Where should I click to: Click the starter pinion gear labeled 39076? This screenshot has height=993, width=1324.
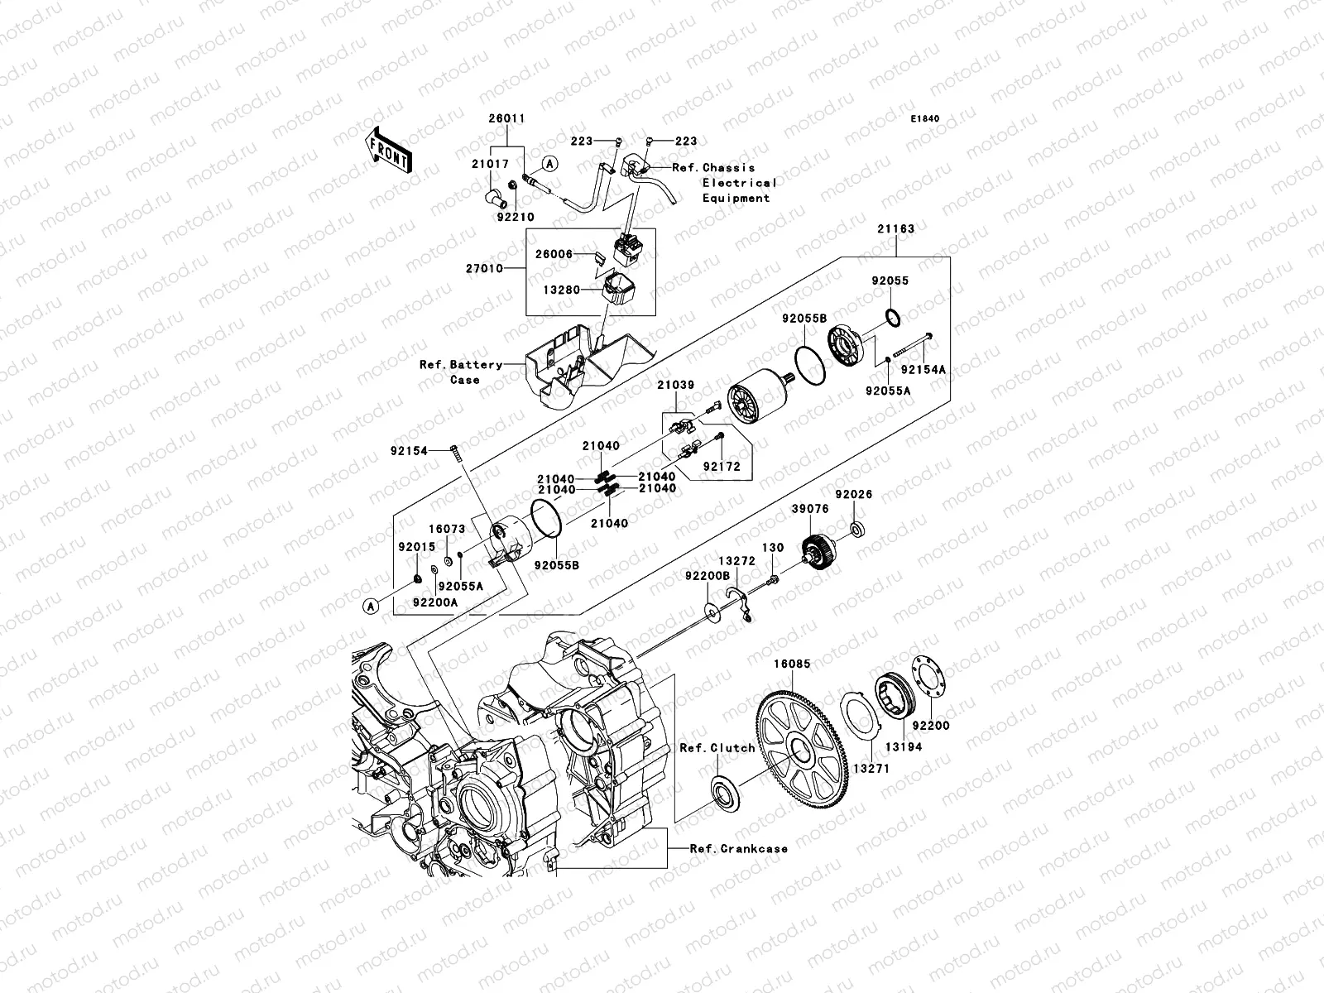(x=821, y=552)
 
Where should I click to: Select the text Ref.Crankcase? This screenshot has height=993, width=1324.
(x=740, y=848)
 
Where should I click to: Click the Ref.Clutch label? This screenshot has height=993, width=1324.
(x=717, y=747)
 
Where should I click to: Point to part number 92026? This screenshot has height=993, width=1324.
(x=853, y=494)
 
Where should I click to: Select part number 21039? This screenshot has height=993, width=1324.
(x=676, y=385)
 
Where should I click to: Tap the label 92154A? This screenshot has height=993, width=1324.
(x=923, y=370)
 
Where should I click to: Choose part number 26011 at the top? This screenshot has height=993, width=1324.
(x=506, y=119)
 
